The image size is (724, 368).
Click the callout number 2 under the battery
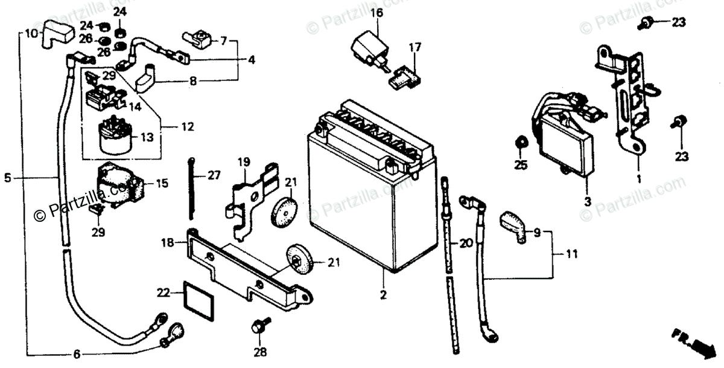[383, 295]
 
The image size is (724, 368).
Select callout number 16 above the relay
[376, 13]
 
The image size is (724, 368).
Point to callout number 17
[414, 47]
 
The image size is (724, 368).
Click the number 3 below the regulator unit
[588, 201]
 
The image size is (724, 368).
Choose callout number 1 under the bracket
[638, 179]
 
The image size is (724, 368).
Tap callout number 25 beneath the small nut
[521, 164]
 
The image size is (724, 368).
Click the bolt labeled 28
[258, 329]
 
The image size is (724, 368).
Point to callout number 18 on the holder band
[167, 243]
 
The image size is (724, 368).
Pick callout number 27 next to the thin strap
[215, 175]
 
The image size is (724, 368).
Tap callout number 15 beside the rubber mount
[162, 182]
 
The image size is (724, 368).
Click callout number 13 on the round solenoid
[147, 137]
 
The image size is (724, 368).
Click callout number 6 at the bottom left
[76, 354]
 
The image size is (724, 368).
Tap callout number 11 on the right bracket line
[571, 254]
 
